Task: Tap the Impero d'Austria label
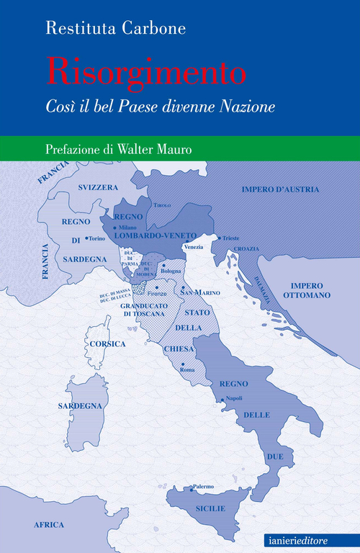pos(280,189)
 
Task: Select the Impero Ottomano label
pos(306,290)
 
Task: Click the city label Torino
pos(96,238)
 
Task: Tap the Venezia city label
pos(194,247)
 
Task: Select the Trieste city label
pos(230,238)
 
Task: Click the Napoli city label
pos(233,398)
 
